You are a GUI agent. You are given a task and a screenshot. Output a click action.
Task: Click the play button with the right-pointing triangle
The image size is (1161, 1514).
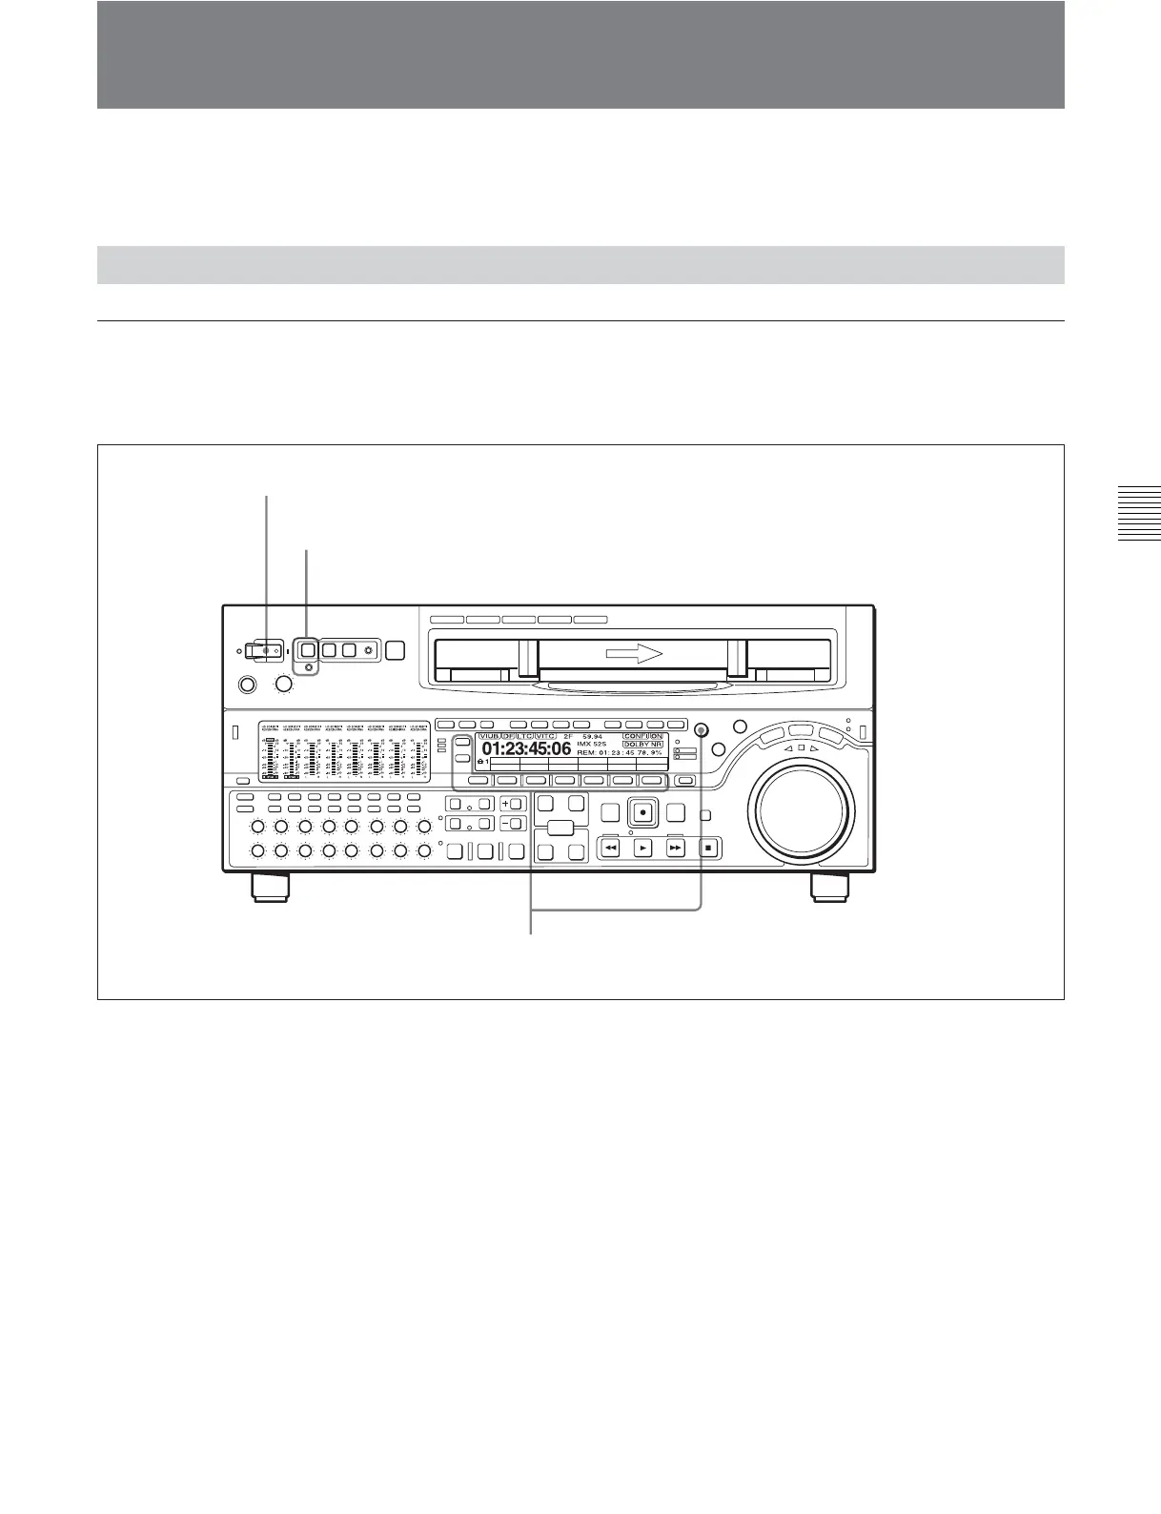coord(643,847)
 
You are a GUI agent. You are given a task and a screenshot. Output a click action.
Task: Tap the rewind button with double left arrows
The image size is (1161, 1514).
coord(611,847)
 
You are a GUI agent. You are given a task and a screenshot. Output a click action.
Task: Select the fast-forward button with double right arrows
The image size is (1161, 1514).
coord(676,847)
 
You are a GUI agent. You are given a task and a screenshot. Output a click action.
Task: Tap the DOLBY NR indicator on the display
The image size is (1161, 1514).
coord(642,744)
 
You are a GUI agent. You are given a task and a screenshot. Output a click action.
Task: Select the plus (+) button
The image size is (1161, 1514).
coord(505,804)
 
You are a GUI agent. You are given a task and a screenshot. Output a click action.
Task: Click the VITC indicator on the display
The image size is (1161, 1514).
coord(545,736)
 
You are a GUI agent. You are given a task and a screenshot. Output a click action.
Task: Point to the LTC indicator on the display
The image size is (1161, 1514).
coord(523,736)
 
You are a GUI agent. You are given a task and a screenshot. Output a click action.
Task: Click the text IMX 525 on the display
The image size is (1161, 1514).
coord(592,744)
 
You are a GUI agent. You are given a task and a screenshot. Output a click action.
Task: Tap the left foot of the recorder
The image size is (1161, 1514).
coord(270,886)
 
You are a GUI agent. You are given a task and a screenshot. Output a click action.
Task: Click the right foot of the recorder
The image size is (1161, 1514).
coord(827,886)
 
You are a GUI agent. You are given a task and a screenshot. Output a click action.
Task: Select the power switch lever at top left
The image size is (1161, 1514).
coord(261,650)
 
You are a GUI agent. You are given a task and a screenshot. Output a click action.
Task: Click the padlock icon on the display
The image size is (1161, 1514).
coord(479,761)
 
